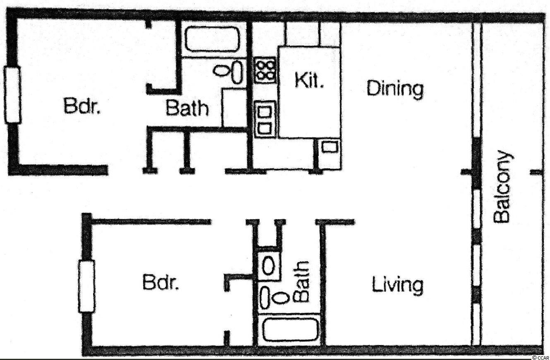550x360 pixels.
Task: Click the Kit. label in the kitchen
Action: tap(309, 81)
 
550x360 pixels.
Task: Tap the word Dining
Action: tap(395, 90)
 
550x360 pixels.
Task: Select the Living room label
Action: tap(398, 286)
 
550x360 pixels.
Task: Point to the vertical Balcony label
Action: tap(502, 187)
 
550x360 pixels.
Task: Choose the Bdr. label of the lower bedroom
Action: tap(161, 282)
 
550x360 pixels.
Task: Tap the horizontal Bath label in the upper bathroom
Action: tap(187, 108)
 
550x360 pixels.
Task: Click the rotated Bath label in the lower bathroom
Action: tap(301, 281)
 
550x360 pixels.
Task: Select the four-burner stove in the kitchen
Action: tap(265, 70)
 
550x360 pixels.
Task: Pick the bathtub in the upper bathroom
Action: tap(213, 39)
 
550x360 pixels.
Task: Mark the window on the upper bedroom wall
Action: tap(12, 95)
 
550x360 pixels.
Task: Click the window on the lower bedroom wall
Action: tap(86, 286)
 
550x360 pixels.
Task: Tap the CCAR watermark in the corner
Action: tap(540, 357)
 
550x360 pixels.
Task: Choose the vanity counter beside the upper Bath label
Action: tap(234, 108)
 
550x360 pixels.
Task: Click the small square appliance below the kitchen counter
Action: tap(329, 146)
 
